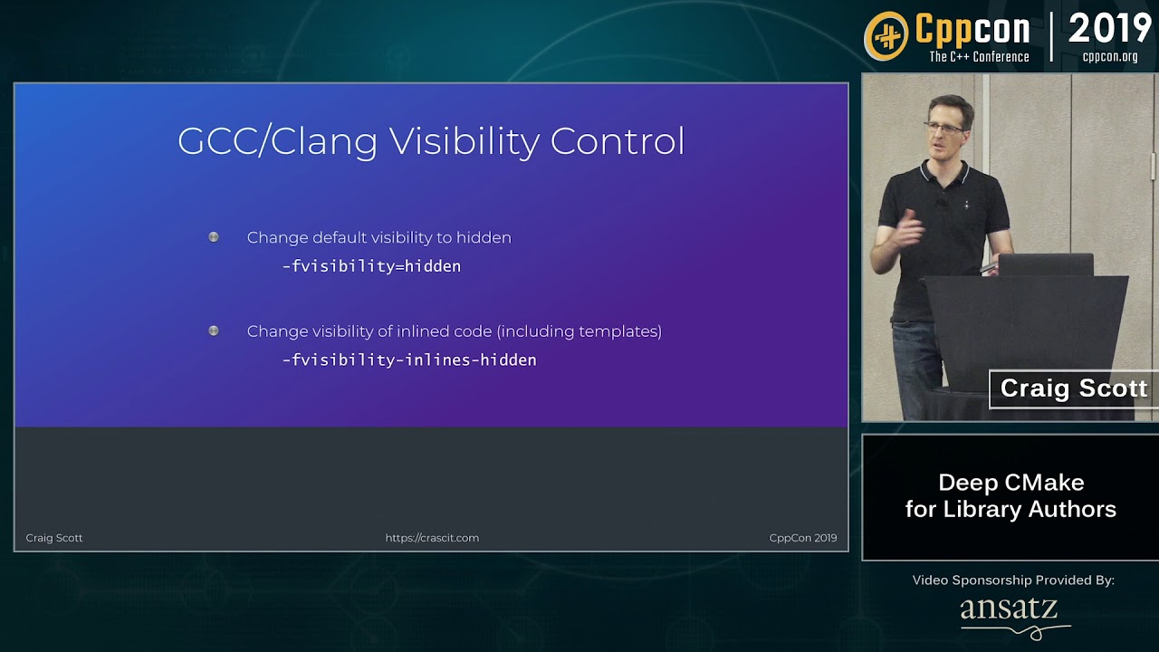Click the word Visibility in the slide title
[465, 141]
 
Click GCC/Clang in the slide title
[277, 141]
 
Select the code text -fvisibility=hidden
[371, 266]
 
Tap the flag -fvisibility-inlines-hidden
[409, 360]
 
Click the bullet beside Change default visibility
[213, 237]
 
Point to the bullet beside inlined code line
[213, 331]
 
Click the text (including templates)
[579, 331]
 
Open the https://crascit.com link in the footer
[432, 538]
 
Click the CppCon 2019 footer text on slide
[803, 538]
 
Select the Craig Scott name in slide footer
[53, 538]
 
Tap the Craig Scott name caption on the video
[1074, 388]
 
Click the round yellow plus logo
[886, 36]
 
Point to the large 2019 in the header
[1110, 28]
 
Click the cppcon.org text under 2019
[1110, 56]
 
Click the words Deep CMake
[1011, 483]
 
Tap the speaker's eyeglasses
[944, 128]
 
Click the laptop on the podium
[1046, 264]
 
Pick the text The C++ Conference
[979, 57]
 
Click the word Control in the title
[618, 141]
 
